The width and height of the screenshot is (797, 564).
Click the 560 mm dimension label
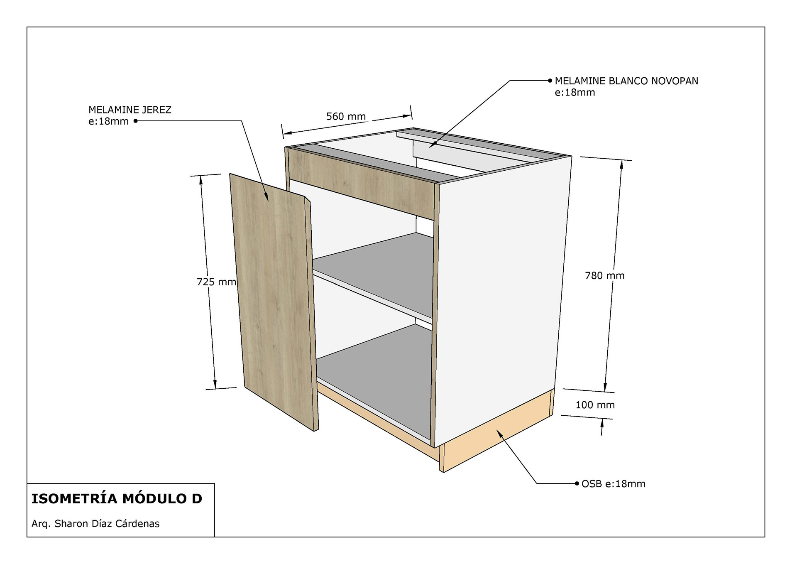tap(346, 116)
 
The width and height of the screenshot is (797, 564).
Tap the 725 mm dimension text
tap(216, 282)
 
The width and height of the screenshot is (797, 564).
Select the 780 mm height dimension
tap(604, 275)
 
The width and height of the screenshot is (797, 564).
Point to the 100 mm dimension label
tap(595, 405)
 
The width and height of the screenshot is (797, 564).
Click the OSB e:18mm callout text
tap(613, 484)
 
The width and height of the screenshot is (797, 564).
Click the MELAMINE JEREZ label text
tap(130, 110)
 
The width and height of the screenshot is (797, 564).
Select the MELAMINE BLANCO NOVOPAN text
tap(626, 81)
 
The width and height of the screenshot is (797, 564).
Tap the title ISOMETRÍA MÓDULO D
tap(117, 498)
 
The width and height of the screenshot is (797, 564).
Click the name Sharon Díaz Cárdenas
tap(107, 523)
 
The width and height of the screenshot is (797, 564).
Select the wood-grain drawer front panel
tap(361, 183)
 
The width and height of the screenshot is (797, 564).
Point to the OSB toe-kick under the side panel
tap(498, 432)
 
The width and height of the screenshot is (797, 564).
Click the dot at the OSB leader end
tap(577, 483)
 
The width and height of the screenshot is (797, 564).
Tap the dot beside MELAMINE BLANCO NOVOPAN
tap(550, 81)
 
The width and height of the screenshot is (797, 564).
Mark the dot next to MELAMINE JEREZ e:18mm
tap(135, 121)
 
